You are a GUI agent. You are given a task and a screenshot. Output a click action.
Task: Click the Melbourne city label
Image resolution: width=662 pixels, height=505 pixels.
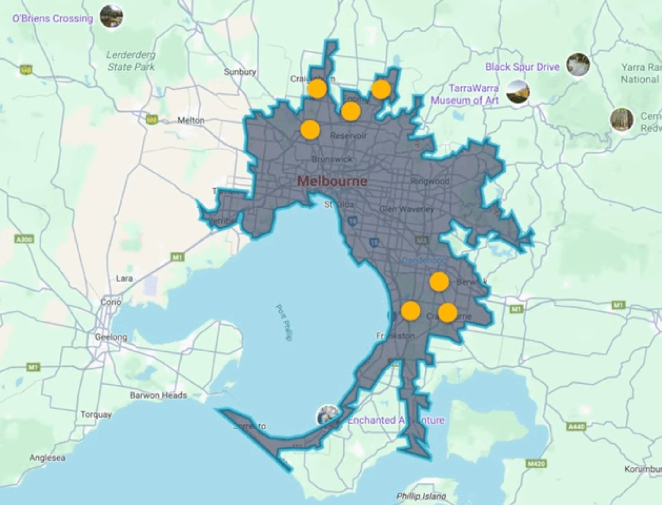[332, 181]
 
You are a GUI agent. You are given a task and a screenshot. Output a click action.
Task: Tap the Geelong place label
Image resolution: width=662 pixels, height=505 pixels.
[111, 337]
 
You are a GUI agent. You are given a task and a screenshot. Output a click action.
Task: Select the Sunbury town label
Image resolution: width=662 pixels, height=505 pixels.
[240, 72]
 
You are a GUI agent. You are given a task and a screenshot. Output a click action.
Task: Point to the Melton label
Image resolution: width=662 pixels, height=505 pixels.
[191, 120]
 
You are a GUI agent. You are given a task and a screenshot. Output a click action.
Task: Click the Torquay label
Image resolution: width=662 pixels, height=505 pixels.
[96, 414]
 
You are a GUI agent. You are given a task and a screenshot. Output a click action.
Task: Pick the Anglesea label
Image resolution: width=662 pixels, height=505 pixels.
[47, 458]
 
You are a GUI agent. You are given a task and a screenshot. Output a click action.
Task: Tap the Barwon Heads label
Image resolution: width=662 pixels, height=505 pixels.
[158, 395]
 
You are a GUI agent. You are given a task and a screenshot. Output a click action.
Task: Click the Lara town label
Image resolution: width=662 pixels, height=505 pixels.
[124, 278]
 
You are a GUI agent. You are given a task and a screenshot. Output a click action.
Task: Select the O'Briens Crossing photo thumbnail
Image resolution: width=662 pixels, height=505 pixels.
[111, 16]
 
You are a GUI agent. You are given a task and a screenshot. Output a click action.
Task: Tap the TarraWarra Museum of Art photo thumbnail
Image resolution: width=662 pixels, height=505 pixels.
[518, 92]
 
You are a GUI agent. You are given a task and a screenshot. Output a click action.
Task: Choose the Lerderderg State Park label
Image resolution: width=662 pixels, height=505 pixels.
[131, 61]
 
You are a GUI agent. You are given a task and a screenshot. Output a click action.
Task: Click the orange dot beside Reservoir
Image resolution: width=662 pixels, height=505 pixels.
[310, 130]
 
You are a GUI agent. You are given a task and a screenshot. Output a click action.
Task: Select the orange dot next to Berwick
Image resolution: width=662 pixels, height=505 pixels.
[439, 282]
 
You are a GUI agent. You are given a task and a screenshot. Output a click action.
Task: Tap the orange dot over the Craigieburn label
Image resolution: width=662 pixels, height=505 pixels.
[317, 89]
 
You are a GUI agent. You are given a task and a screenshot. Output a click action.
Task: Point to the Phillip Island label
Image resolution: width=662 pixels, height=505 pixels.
[421, 496]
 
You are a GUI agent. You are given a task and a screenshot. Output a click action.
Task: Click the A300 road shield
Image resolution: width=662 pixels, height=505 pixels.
[25, 239]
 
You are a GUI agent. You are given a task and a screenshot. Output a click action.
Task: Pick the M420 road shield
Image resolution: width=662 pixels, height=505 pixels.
[536, 463]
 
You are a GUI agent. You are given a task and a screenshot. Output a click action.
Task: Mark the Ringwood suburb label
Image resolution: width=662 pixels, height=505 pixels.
[430, 181]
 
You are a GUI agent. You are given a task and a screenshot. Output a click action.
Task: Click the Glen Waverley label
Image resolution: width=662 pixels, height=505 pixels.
[407, 209]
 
